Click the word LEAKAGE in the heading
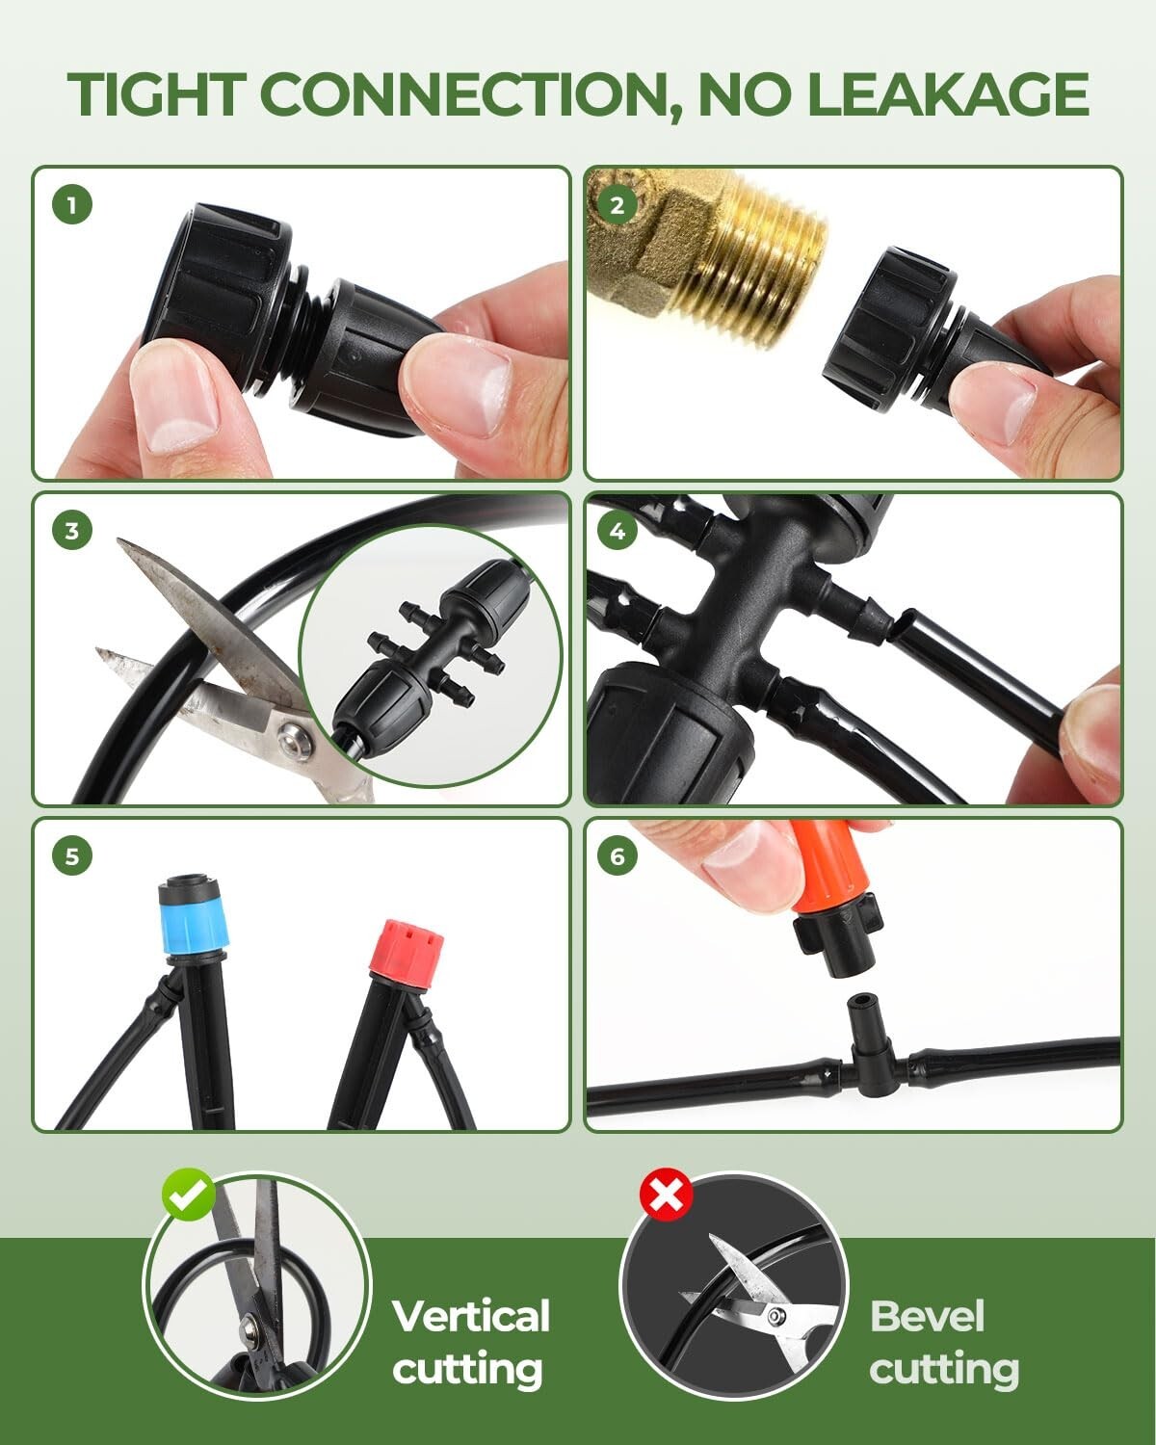coord(947,93)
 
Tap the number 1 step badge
coord(72,204)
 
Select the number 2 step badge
coord(617,204)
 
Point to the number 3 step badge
coord(72,531)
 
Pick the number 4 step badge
coord(617,531)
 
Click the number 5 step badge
coord(72,855)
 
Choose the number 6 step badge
coord(617,855)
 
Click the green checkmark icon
coord(189,1195)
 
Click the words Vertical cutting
coord(470,1342)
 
